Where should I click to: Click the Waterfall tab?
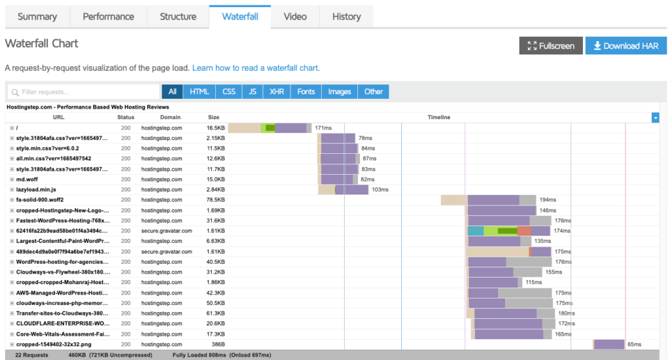click(x=239, y=16)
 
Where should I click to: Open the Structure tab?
click(x=178, y=16)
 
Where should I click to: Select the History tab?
click(x=347, y=16)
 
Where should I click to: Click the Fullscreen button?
click(x=551, y=46)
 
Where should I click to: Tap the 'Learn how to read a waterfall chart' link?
click(x=255, y=68)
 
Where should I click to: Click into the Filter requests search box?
click(x=84, y=92)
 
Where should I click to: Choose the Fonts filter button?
click(x=306, y=92)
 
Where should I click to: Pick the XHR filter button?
click(x=277, y=92)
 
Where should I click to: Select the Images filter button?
click(x=340, y=92)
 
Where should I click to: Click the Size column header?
click(x=214, y=117)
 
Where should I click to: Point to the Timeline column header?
click(x=439, y=117)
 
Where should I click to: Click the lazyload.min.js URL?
click(x=36, y=189)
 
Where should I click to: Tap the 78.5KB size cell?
click(x=215, y=200)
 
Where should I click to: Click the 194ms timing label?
click(x=548, y=200)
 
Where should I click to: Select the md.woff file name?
click(x=27, y=179)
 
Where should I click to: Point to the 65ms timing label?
click(x=635, y=344)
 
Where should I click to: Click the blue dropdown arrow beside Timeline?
click(x=655, y=118)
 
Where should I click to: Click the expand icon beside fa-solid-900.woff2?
click(x=12, y=200)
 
